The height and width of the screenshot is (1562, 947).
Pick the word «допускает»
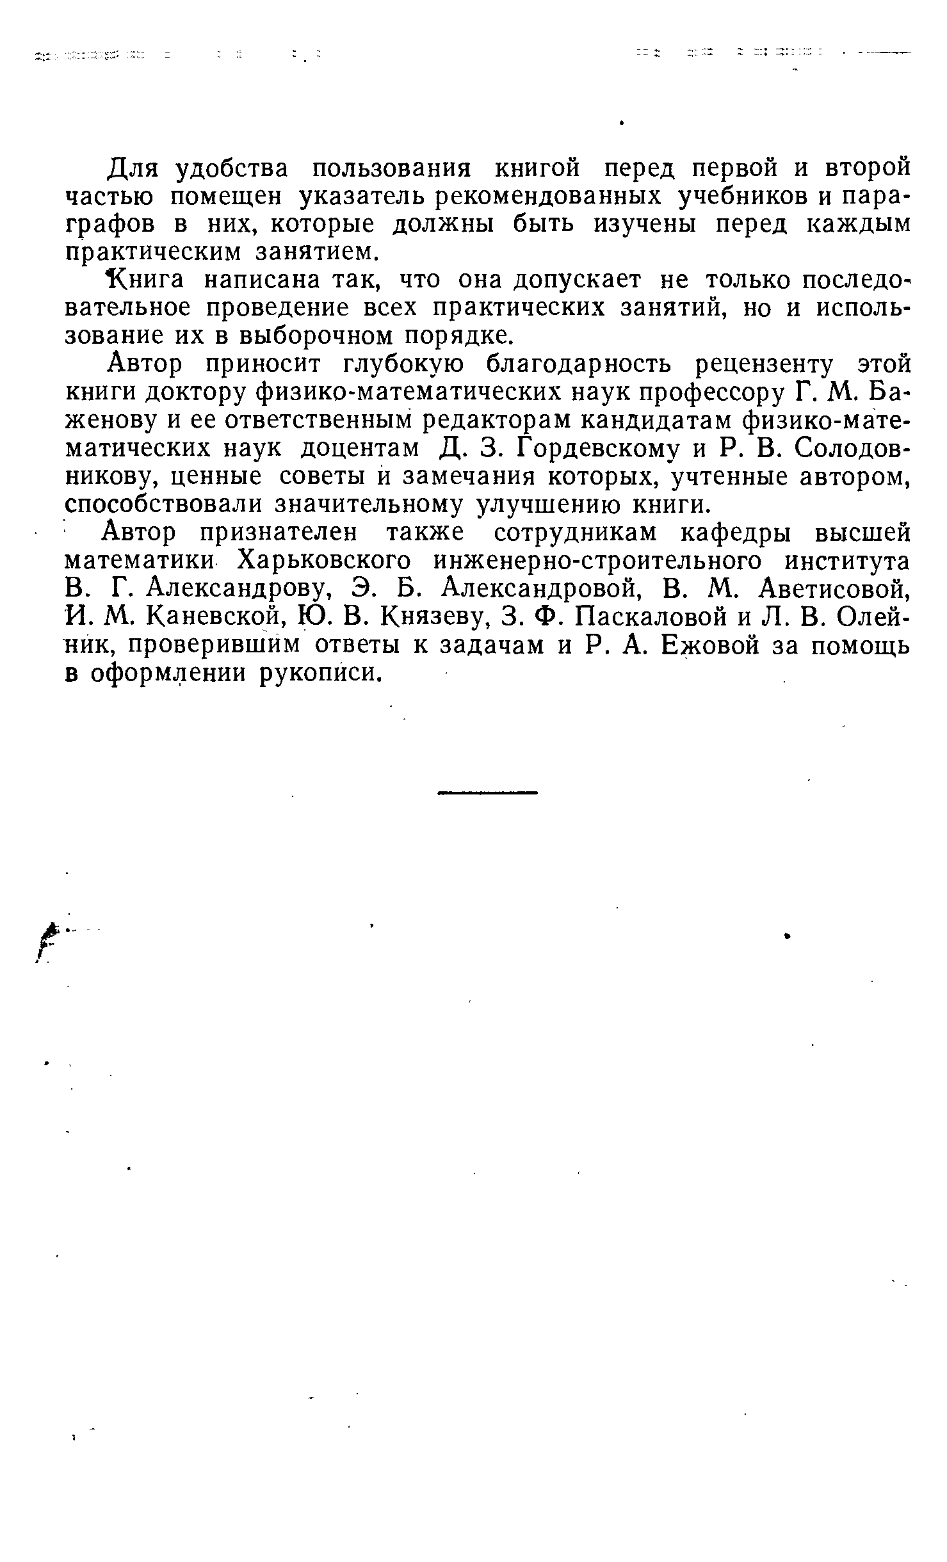(578, 280)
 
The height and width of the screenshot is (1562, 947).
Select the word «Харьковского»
(325, 561)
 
